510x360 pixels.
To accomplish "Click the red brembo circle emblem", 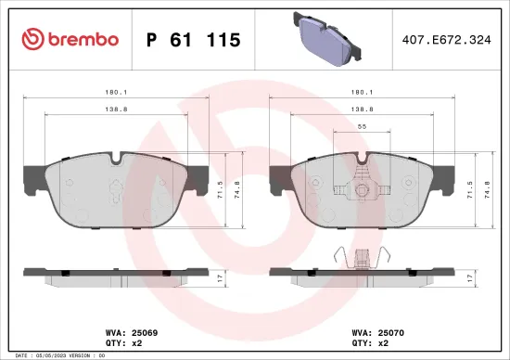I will point(31,39).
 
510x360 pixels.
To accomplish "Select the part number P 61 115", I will point(193,40).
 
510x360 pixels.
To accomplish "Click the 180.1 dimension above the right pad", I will point(363,92).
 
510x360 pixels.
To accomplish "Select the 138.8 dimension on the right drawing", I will point(363,109).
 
